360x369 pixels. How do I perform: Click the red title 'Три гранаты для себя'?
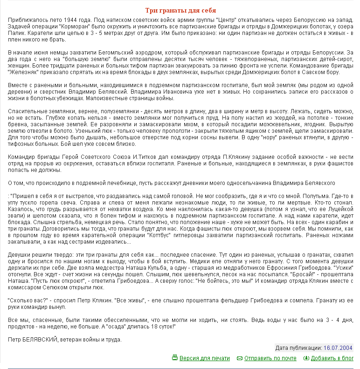pos(180,10)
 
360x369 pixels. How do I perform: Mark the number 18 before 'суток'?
pos(145,327)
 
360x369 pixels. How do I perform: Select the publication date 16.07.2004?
pos(338,348)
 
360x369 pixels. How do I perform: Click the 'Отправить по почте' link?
pos(270,358)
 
